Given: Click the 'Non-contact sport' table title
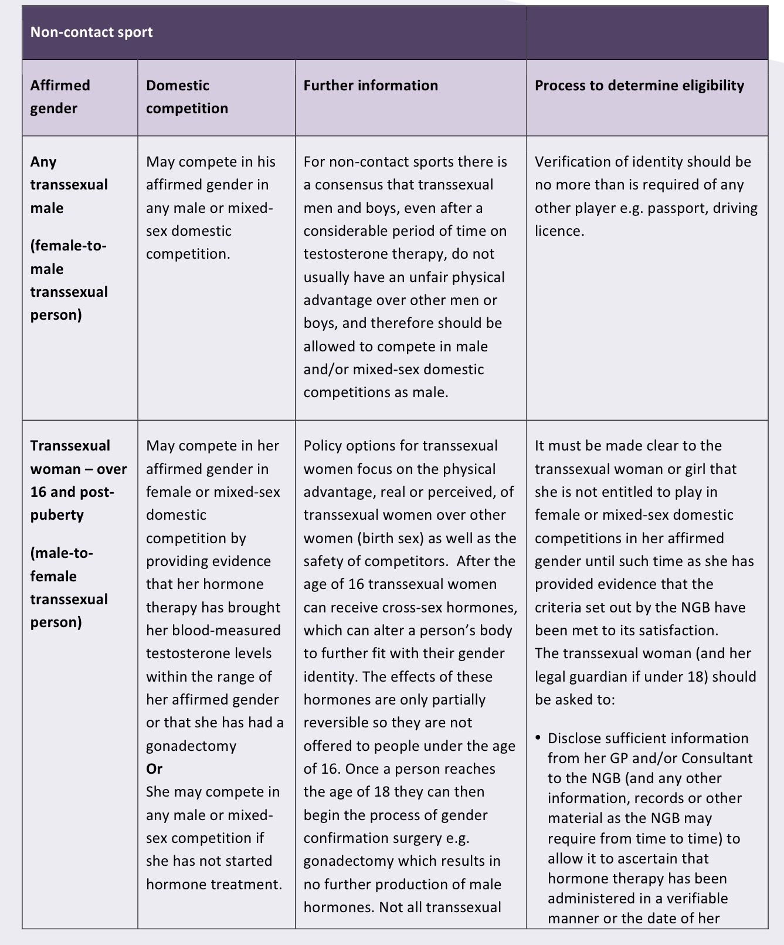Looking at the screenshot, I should click(x=91, y=32).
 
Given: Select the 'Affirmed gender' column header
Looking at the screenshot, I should click(x=60, y=97).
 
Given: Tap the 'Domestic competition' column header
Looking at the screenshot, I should click(x=186, y=97).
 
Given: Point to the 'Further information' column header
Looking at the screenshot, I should click(x=371, y=86).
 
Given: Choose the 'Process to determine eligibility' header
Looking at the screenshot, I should click(x=639, y=86).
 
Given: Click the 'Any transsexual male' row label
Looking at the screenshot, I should click(x=69, y=185).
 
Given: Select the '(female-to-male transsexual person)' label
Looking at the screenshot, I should click(x=69, y=280).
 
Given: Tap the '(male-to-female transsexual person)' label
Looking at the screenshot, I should click(x=69, y=588).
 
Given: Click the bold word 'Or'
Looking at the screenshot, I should click(x=154, y=769).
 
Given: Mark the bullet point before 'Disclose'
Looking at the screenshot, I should click(x=538, y=737).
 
